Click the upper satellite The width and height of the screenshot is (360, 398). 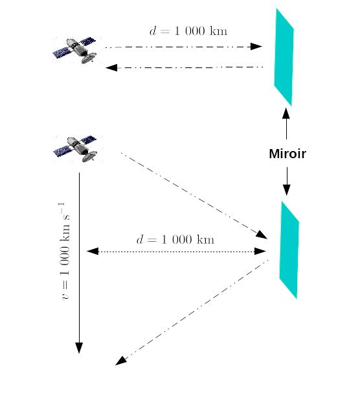coord(75,51)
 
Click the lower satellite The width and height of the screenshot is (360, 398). coord(75,149)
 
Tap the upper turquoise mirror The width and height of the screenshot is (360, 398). coord(284,57)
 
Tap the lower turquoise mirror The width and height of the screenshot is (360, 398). coord(289,250)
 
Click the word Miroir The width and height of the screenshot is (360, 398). coord(287,154)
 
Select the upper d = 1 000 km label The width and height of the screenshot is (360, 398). coord(188,31)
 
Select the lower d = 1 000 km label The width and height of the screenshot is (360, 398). coord(175,240)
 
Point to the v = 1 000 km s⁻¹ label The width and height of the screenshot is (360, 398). coord(65,251)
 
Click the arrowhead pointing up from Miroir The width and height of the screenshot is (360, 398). coord(286,113)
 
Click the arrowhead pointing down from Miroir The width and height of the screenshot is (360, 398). coord(287,190)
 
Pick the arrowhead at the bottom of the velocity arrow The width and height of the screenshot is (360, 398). coord(79,347)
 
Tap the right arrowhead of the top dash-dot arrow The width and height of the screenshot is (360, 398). coord(256,47)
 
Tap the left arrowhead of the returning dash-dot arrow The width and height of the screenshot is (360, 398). coord(111,68)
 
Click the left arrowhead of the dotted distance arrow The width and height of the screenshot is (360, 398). coord(93,252)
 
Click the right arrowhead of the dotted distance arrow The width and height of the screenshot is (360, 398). coord(260,252)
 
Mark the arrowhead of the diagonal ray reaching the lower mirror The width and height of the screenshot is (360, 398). coord(262,235)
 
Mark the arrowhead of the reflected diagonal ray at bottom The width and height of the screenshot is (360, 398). coord(120,361)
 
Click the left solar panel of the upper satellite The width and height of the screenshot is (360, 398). coord(62,53)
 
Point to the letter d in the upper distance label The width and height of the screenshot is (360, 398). coord(153,31)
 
